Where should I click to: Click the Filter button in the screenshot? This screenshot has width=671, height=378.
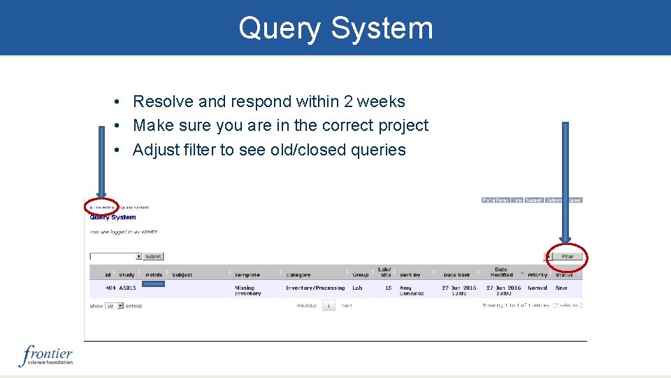[567, 257]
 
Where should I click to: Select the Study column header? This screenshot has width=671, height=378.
[127, 275]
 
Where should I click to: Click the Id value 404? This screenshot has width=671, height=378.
[110, 288]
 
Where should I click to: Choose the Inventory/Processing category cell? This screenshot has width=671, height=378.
[315, 288]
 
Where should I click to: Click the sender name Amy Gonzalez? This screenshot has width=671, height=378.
[412, 290]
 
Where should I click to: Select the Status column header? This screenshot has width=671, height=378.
[564, 275]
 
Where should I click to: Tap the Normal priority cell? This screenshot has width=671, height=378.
[537, 288]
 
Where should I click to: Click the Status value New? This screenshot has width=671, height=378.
[561, 288]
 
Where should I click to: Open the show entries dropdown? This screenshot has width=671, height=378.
[114, 306]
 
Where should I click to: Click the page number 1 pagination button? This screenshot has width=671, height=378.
[329, 305]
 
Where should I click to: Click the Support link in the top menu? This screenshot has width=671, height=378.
[534, 200]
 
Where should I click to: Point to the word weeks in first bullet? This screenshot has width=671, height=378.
[381, 101]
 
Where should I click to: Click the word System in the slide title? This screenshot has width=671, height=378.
[382, 29]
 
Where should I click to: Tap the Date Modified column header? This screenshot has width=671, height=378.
[501, 272]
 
